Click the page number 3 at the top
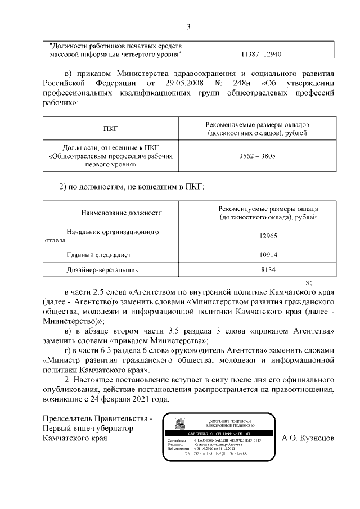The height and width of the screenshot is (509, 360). (188, 26)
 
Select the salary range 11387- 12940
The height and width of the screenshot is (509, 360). (260, 55)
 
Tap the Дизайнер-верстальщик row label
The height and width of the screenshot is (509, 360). (102, 270)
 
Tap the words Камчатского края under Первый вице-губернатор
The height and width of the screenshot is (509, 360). (74, 438)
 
